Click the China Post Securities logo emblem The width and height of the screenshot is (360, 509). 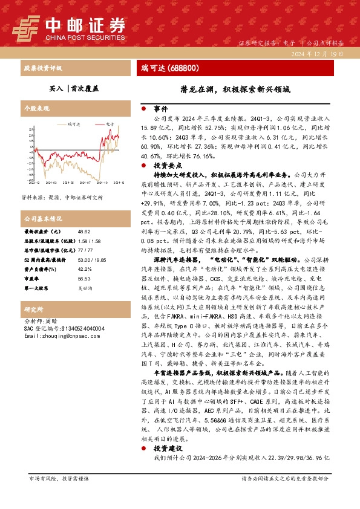tap(27, 26)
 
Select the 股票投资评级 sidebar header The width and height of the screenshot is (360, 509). tap(43, 68)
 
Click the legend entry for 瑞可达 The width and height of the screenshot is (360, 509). tap(73, 123)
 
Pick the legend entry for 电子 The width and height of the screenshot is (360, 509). tap(109, 123)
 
